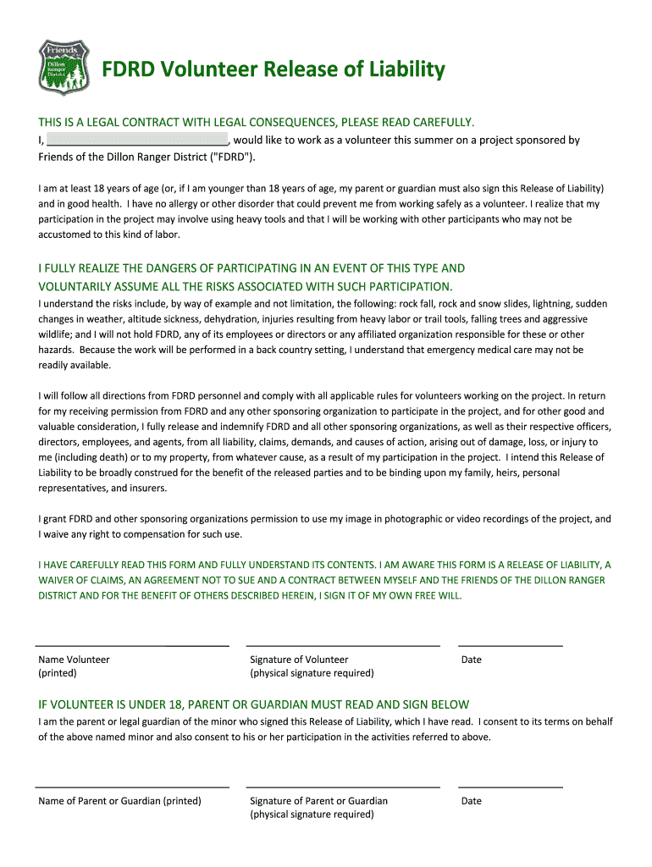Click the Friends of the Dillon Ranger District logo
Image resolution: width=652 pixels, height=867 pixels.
coord(64,67)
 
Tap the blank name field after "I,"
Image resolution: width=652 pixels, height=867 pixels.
coord(136,141)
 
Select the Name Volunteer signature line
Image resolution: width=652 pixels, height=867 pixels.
coord(132,645)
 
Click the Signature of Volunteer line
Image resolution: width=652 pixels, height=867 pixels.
coord(342,645)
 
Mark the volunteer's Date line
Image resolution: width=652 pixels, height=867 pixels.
coord(510,645)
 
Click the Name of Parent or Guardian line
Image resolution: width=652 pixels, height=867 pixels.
coord(132,787)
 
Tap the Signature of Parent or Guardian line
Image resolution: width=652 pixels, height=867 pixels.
coord(342,787)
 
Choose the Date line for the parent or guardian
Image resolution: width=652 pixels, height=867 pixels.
coord(510,787)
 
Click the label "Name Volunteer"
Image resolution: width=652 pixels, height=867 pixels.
coord(74,660)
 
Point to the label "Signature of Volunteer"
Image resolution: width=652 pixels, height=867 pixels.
coord(299,660)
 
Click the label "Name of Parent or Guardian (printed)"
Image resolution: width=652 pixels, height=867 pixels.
coord(119,801)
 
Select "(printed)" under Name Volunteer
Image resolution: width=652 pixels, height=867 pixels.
coord(58,673)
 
